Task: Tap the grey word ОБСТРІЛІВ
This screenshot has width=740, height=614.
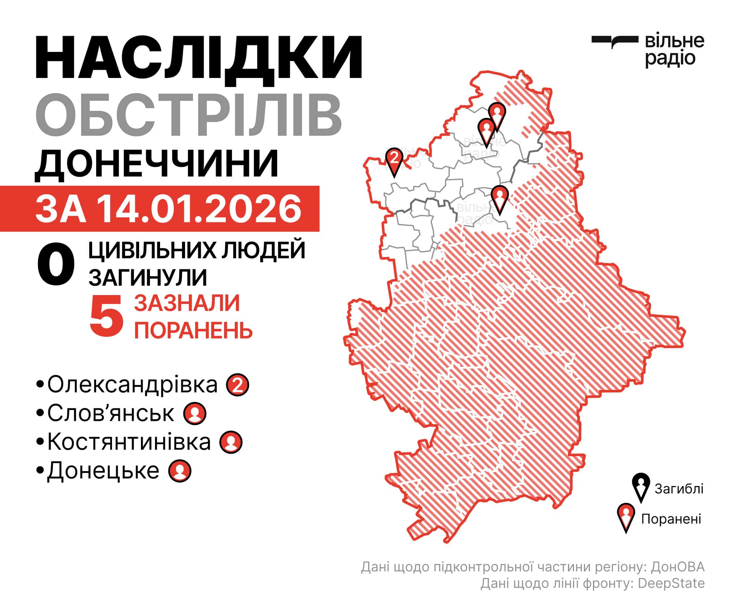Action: pyautogui.click(x=188, y=114)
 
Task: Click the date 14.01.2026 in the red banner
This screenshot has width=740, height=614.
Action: pyautogui.click(x=200, y=209)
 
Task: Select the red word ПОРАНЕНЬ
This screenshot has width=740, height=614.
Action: pyautogui.click(x=193, y=329)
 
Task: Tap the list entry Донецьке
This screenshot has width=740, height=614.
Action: pyautogui.click(x=103, y=470)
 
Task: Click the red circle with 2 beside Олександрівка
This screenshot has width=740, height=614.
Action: pyautogui.click(x=237, y=386)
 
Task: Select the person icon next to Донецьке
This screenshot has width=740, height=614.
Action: pyautogui.click(x=180, y=471)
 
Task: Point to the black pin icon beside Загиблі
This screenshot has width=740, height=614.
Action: pyautogui.click(x=641, y=487)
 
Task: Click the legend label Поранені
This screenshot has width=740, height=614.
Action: pyautogui.click(x=671, y=519)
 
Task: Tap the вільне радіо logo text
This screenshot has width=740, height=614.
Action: pyautogui.click(x=674, y=50)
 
